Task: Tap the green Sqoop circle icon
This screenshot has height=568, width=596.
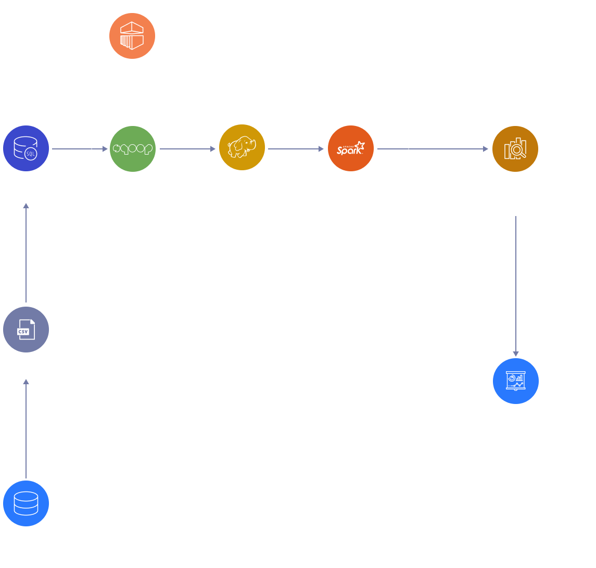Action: tap(132, 149)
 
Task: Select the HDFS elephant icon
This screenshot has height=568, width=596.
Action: tap(242, 149)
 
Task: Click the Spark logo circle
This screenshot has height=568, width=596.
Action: tap(351, 149)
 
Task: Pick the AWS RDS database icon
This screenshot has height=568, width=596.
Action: tap(26, 149)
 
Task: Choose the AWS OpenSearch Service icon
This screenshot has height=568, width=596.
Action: tap(515, 149)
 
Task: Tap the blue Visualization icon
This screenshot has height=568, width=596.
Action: tap(515, 381)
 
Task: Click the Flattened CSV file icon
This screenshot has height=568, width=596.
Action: tap(26, 330)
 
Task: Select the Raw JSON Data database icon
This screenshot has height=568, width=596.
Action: tap(26, 503)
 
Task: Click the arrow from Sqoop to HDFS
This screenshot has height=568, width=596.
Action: tap(187, 149)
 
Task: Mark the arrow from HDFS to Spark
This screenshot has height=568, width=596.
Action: tap(296, 149)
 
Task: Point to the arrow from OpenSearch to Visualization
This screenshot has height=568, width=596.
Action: tap(515, 286)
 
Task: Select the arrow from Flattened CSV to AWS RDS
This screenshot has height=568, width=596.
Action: tap(26, 253)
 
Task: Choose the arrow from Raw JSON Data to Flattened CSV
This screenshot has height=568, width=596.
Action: tap(26, 430)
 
